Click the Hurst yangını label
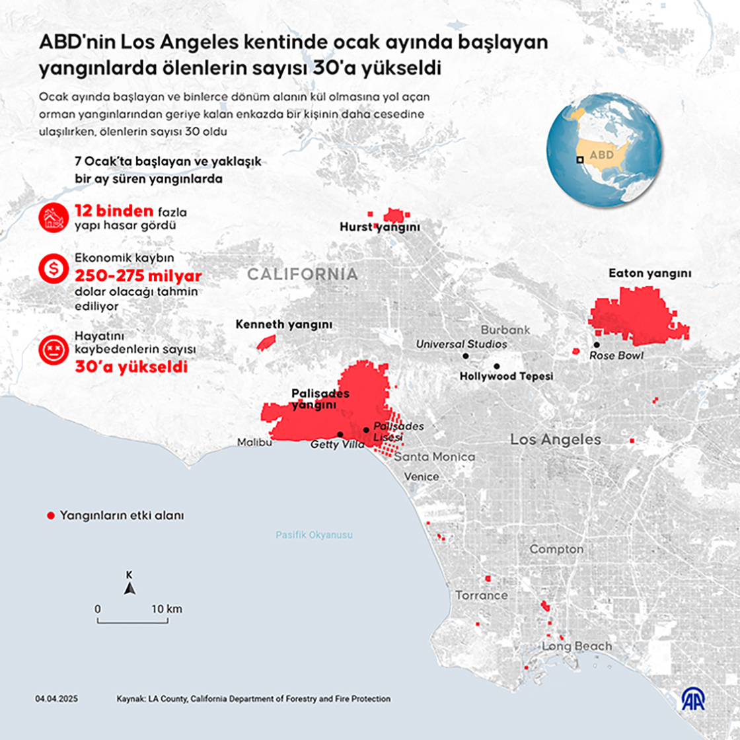(x=380, y=227)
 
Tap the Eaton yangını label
(x=649, y=273)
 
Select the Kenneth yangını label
(x=283, y=325)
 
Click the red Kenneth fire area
(x=266, y=342)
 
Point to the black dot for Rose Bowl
(x=597, y=344)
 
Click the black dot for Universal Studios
(x=466, y=355)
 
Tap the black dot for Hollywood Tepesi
(x=497, y=366)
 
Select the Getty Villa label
(x=337, y=445)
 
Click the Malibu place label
(x=254, y=443)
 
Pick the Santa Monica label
(x=435, y=457)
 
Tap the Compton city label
(x=556, y=549)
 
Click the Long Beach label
(x=577, y=646)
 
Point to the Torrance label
(x=481, y=595)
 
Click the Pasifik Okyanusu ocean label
(x=314, y=535)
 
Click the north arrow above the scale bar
(x=130, y=588)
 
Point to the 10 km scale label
(x=166, y=609)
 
